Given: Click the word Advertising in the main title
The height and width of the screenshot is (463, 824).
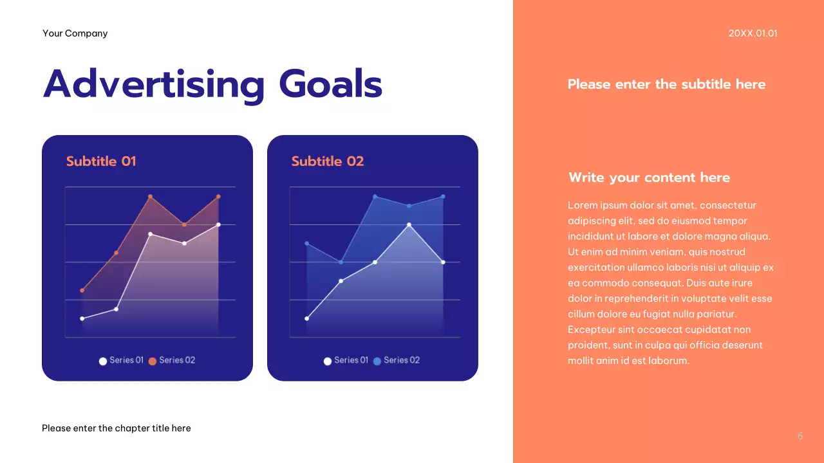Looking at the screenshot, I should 153,85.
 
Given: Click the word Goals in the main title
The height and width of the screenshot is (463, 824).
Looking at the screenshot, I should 330,85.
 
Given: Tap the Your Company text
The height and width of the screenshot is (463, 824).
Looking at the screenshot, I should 75,33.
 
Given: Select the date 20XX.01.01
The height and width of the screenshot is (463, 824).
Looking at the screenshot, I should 753,33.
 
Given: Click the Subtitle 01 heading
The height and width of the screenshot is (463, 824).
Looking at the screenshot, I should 101,161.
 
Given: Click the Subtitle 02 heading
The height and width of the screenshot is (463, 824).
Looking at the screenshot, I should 327,161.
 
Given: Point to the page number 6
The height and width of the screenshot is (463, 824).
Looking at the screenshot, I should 800,436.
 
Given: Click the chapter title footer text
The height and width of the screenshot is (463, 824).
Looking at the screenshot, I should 116,428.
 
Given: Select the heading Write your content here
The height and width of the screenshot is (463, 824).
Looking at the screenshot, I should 649,177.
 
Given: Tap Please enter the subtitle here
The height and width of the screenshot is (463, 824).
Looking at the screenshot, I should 666,84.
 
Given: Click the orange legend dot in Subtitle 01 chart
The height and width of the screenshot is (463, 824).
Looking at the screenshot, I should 153,361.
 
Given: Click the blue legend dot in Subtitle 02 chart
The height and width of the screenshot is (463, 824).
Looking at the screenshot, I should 377,361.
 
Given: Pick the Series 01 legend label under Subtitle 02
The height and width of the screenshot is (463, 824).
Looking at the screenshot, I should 351,360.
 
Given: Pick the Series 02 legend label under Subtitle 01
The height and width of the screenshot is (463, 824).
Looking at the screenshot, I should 177,360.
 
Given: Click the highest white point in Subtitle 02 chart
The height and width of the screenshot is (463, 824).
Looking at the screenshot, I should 409,224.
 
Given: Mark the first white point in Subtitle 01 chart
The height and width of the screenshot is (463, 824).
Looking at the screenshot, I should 82,318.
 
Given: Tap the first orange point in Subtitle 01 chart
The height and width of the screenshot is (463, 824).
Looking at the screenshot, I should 82,291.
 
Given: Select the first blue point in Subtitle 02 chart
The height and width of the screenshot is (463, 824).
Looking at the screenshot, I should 307,243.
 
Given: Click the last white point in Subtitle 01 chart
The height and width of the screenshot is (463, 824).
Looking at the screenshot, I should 218,224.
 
